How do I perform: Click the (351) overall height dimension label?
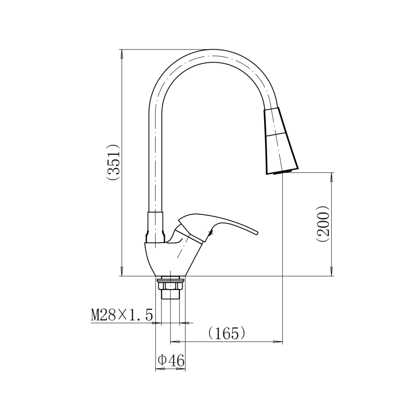[x=113, y=163]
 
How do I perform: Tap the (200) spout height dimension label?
[x=323, y=224]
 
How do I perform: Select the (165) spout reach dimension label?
[x=227, y=333]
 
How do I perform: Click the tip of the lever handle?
[x=258, y=233]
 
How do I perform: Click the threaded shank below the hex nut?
[x=171, y=294]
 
